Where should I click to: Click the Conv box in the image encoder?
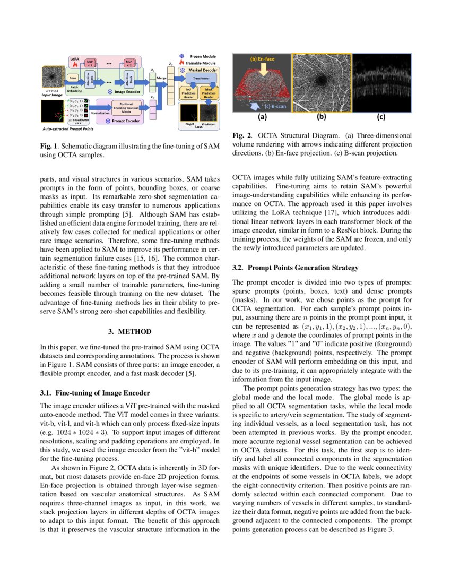pyautogui.click(x=73, y=78)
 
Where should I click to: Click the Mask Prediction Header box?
pyautogui.click(x=209, y=94)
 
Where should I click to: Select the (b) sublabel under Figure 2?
pyautogui.click(x=322, y=117)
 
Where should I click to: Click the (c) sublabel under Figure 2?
pyautogui.click(x=381, y=117)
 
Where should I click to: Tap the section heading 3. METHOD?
pyautogui.click(x=129, y=332)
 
